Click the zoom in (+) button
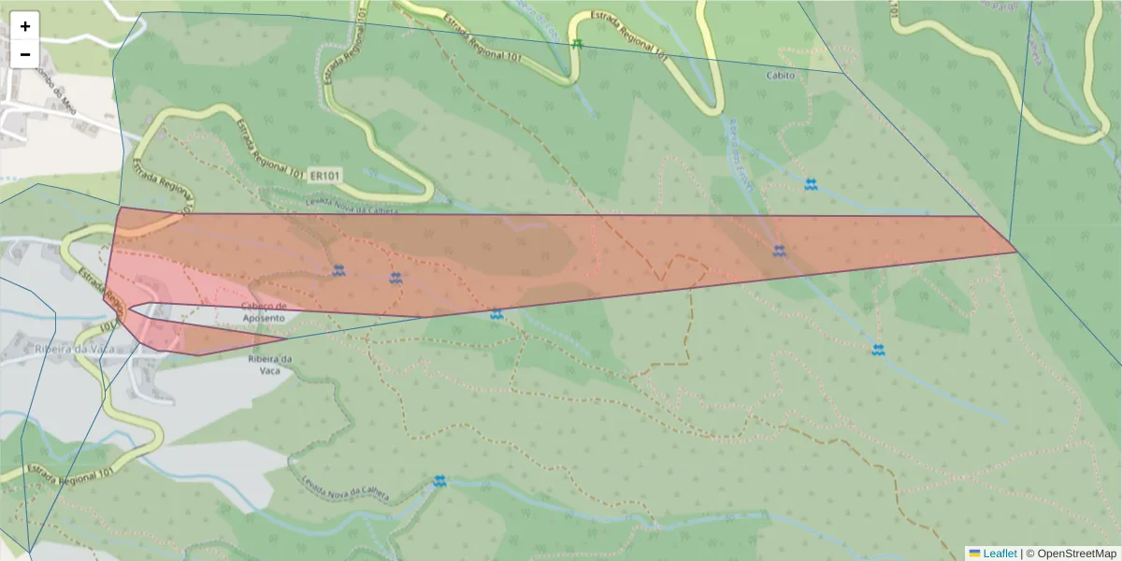point(25,26)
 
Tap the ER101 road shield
point(324,175)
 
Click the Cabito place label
point(780,76)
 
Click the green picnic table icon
point(578,44)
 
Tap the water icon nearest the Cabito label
point(811,184)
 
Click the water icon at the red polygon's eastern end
point(779,251)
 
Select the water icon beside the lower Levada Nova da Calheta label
point(439,482)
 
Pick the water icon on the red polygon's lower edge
point(496,314)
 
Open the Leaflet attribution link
point(1000,554)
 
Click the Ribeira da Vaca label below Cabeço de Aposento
point(271,365)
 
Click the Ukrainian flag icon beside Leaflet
point(974,554)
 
